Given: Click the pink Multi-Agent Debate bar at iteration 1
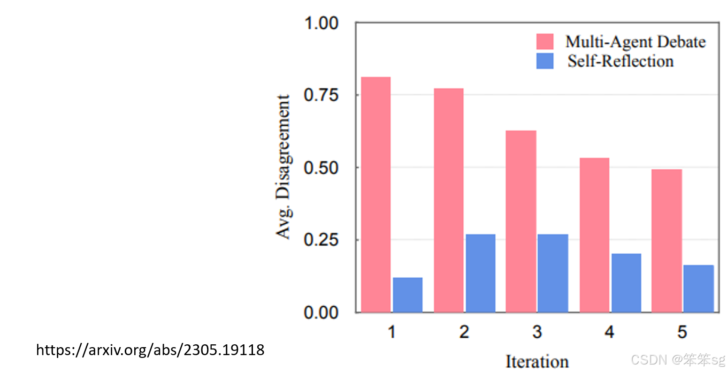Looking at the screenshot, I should [x=375, y=195].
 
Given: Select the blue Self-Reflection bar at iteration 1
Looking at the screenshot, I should [x=407, y=295].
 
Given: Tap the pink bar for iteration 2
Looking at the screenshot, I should [x=448, y=200].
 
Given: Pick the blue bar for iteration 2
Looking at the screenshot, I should [x=480, y=273].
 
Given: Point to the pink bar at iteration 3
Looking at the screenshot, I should [x=521, y=221].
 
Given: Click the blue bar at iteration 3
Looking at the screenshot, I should [x=553, y=273].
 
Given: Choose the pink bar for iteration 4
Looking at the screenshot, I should [x=594, y=235].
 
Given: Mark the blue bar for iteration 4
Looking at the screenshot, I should [x=626, y=283].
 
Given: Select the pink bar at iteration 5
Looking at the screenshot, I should [x=666, y=241].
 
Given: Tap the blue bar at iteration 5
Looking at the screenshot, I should [x=698, y=288].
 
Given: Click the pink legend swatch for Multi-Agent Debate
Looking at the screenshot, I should [x=545, y=41].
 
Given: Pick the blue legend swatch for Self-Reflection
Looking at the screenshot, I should [x=545, y=61].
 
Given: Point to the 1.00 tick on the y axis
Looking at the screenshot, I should [x=321, y=23].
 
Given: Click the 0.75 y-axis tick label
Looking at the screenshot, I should [x=321, y=95].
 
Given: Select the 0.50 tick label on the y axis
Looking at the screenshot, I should [x=321, y=168].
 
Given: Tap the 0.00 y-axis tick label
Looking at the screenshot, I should [x=321, y=312].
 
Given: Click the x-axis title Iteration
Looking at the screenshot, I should [x=537, y=362].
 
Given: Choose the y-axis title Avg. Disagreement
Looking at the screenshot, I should [x=283, y=167].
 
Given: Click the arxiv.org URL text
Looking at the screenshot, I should [x=150, y=350].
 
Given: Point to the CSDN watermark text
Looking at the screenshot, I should [x=678, y=360].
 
